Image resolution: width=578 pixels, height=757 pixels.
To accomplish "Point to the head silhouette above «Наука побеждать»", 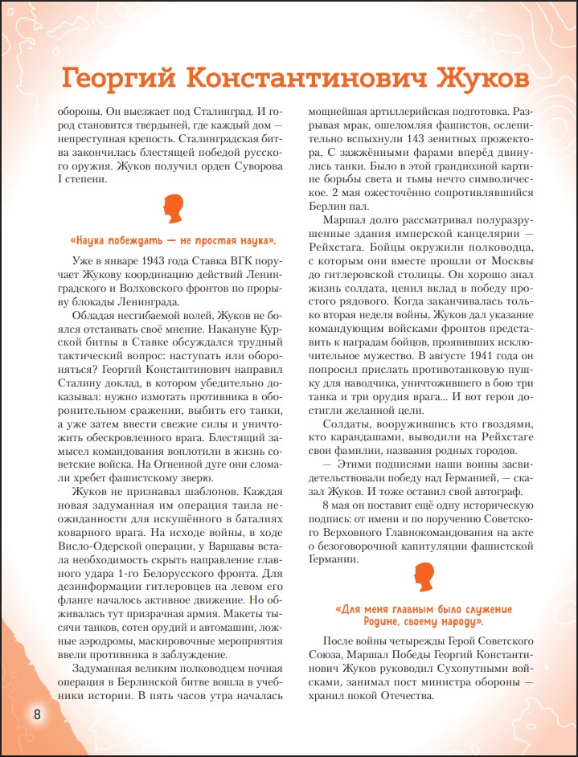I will (x=173, y=211).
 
